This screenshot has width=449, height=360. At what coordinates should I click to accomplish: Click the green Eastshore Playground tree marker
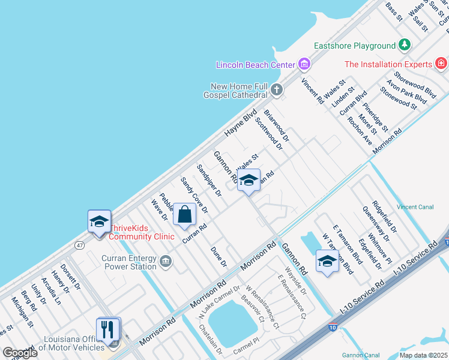click(x=405, y=46)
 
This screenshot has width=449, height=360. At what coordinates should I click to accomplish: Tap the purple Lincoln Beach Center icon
click(x=304, y=64)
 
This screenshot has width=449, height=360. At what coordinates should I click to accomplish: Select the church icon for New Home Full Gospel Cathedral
click(x=276, y=90)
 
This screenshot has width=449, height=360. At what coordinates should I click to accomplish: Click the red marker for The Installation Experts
click(x=441, y=64)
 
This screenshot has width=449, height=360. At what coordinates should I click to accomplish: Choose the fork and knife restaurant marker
click(x=108, y=329)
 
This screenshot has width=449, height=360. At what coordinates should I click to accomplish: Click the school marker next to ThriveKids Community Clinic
click(x=99, y=221)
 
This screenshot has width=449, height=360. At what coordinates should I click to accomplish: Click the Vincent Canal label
click(x=415, y=207)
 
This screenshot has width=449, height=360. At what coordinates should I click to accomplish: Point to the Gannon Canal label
click(x=361, y=355)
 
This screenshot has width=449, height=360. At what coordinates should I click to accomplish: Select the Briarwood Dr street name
click(x=276, y=125)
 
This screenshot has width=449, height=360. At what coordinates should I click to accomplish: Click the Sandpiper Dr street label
click(x=209, y=181)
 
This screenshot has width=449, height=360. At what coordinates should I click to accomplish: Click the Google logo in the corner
click(x=19, y=353)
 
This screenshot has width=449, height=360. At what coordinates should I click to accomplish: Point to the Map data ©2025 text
click(x=423, y=355)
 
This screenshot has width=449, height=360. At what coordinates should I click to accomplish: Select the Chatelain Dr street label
click(x=211, y=341)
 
